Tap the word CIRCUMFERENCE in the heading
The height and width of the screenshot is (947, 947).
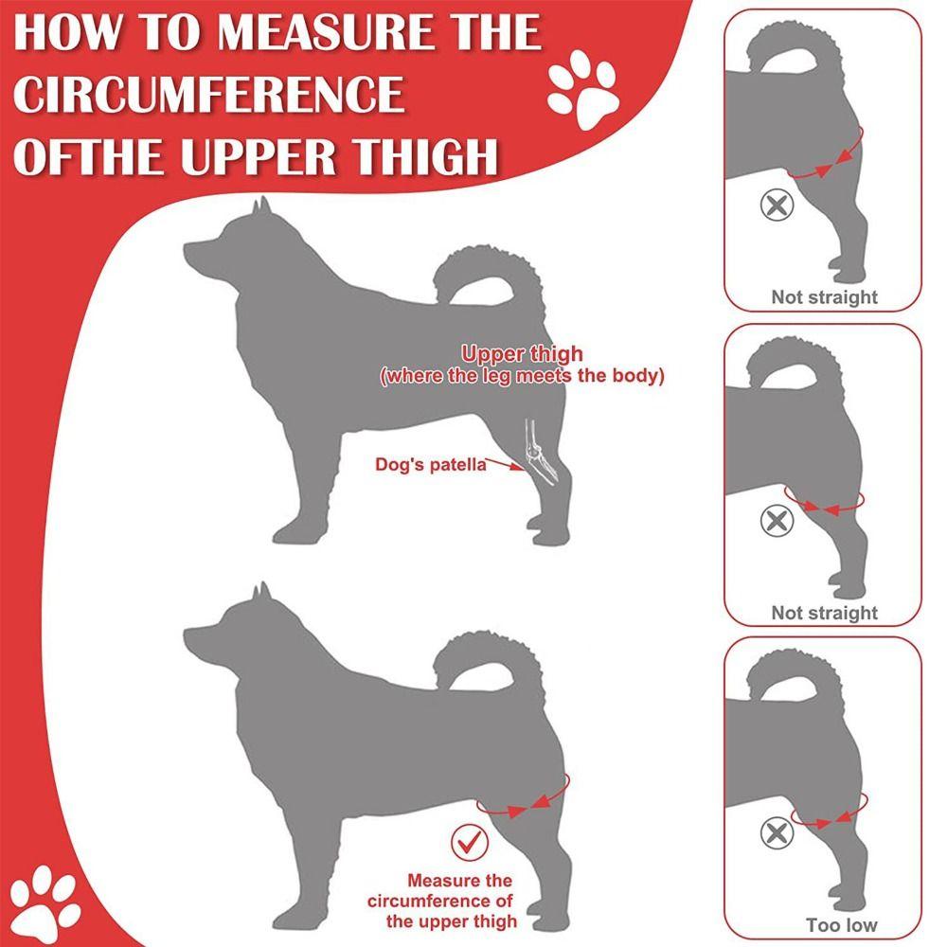click(208, 95)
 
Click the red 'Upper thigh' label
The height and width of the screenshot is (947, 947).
click(522, 355)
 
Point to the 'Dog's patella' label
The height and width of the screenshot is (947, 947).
click(431, 464)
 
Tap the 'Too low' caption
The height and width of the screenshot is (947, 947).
click(841, 925)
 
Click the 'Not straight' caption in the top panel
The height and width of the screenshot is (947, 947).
click(824, 297)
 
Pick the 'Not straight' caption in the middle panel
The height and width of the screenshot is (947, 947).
click(824, 613)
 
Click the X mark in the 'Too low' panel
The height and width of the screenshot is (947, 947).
click(777, 834)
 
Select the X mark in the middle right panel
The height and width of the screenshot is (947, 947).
click(777, 520)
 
